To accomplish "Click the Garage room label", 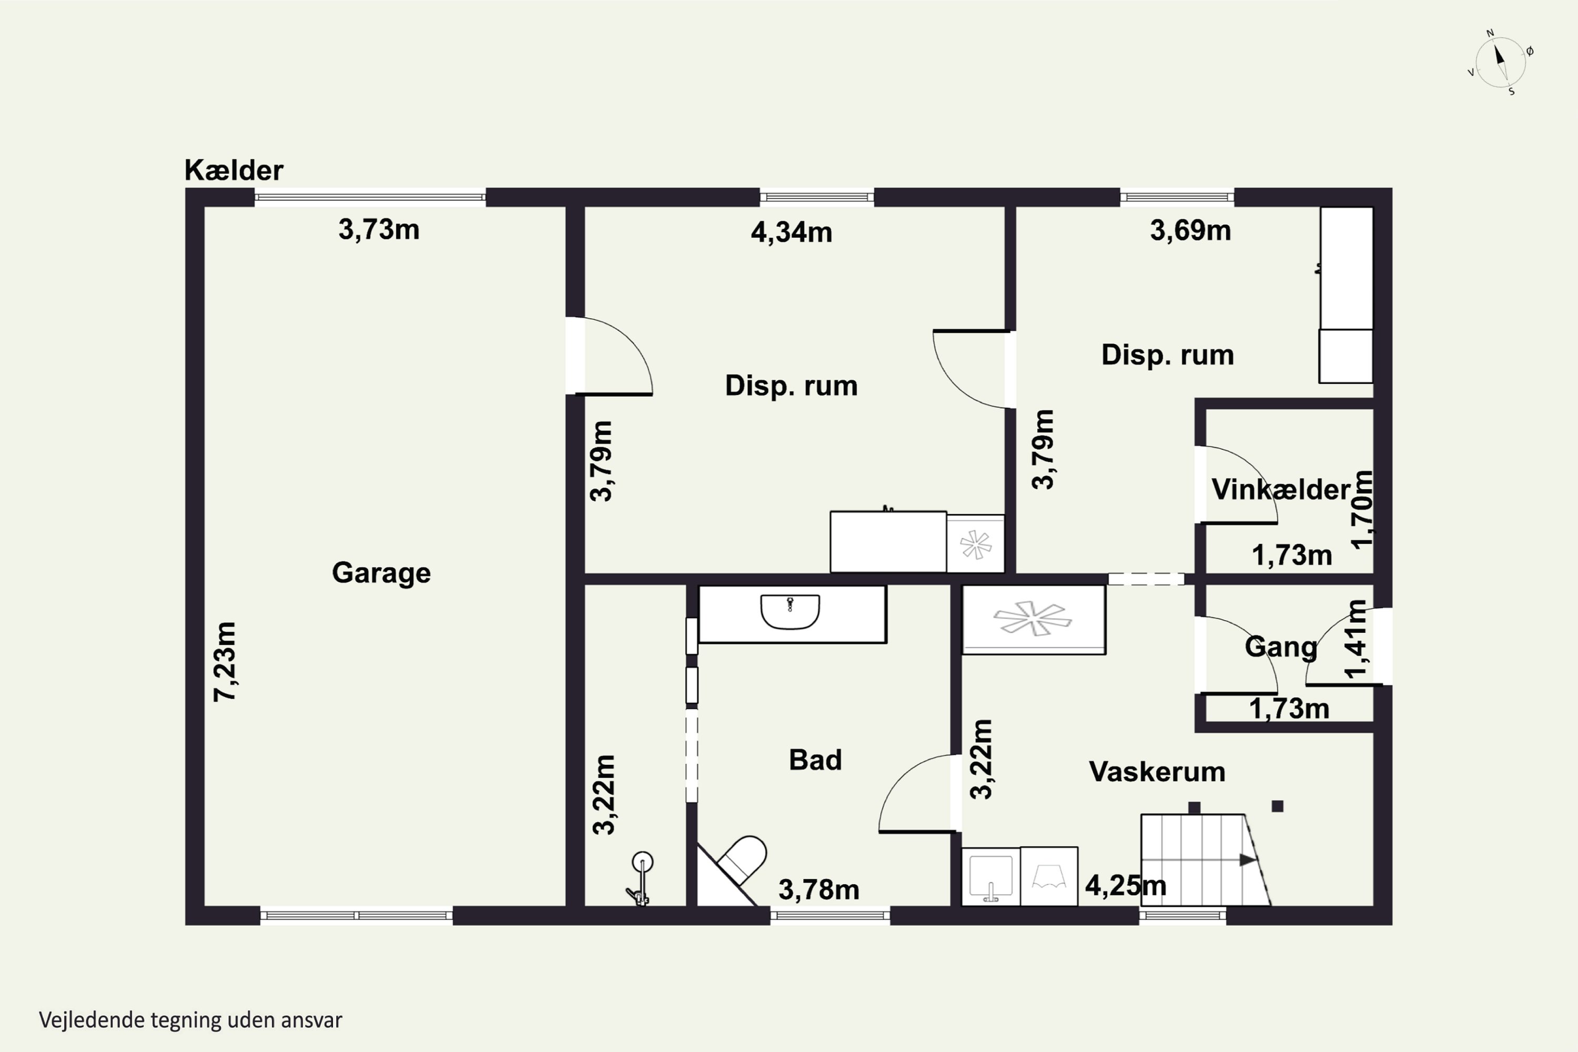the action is [x=381, y=573].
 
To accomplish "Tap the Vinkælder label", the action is [x=1280, y=490].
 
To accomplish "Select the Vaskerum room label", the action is [x=1157, y=772].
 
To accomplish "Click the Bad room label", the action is [x=815, y=760].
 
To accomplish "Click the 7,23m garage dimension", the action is [x=226, y=662].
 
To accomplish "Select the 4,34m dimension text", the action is [x=792, y=232].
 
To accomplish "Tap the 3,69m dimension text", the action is [x=1190, y=230].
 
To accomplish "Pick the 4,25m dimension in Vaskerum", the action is [x=1126, y=886].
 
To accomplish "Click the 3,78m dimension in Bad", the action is [x=818, y=889].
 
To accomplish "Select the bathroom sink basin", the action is [x=791, y=612].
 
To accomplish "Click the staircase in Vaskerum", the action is [x=1206, y=859].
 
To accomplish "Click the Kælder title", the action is [x=234, y=170].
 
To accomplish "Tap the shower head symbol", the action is [x=642, y=879].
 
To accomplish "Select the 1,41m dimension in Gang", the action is [x=1356, y=640].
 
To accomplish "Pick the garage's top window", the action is [x=370, y=197].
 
